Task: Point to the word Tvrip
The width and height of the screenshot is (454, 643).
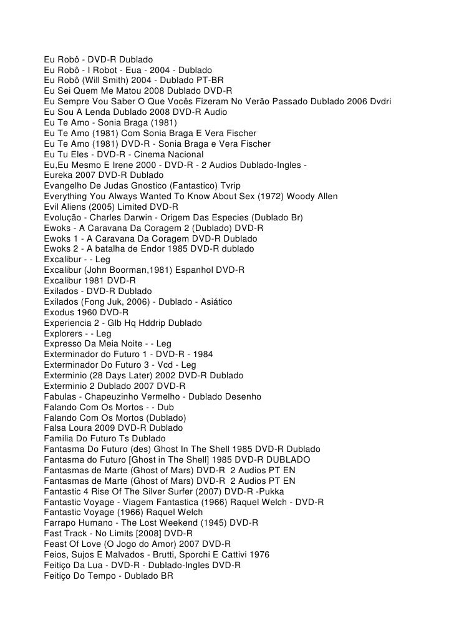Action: tap(228, 186)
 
